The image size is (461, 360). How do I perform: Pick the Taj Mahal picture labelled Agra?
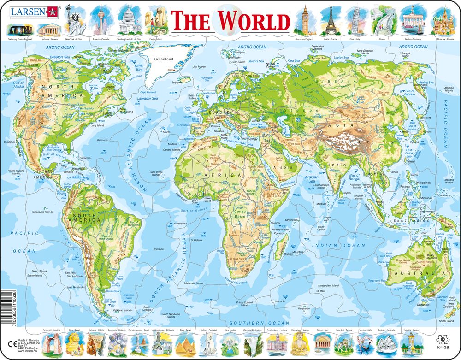[x=228, y=343]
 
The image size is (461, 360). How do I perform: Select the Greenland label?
[x=164, y=59]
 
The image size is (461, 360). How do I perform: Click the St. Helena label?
[x=197, y=240]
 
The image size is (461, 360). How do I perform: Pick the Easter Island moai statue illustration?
[x=155, y=20]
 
